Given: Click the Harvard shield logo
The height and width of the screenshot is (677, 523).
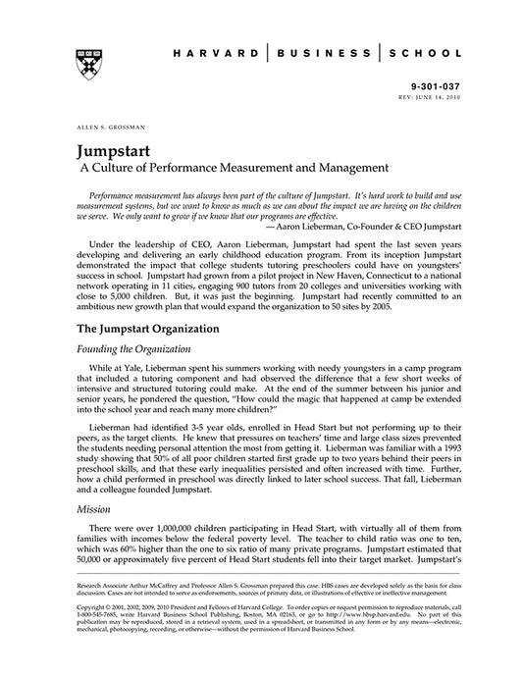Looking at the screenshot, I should [86, 61].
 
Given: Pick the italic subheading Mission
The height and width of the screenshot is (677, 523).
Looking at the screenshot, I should [94, 510].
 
